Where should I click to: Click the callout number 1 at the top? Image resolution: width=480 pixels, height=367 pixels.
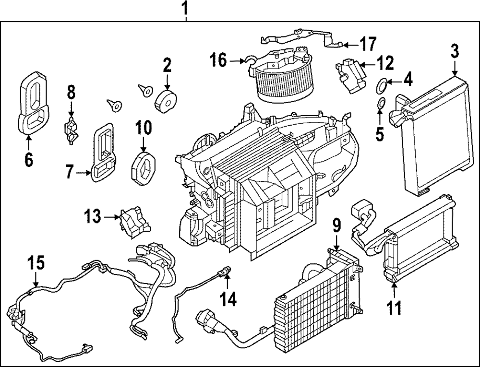coord(184,8)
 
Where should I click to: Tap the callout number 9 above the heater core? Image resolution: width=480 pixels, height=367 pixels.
coord(336,225)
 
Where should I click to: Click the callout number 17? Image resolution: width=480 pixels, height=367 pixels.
coord(368,44)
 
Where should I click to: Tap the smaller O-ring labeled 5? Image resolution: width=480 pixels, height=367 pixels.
coord(380,102)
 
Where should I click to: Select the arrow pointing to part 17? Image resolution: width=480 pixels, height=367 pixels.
coord(349,45)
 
